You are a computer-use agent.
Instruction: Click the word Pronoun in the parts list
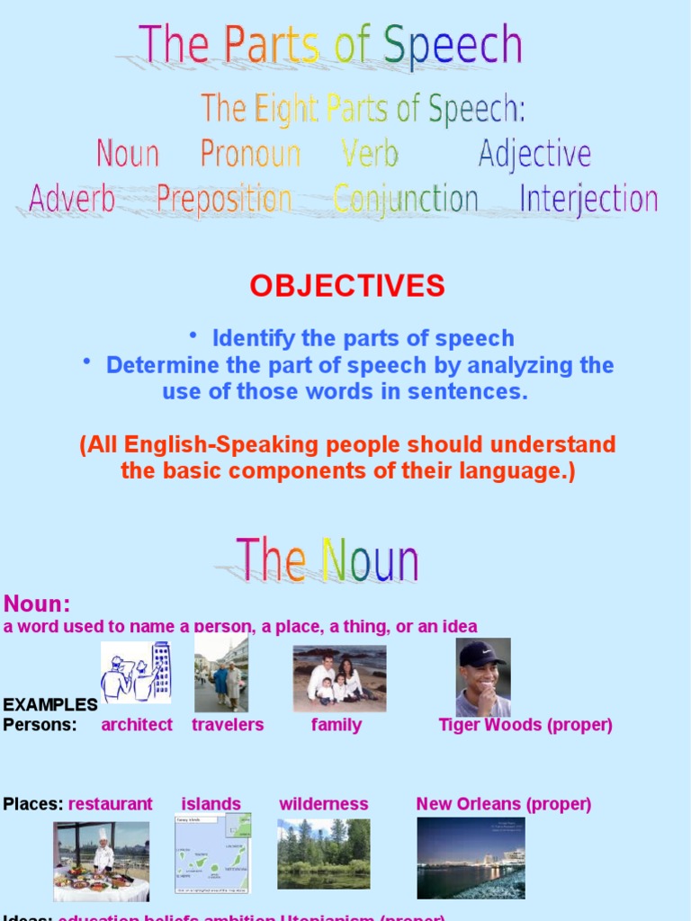[250, 155]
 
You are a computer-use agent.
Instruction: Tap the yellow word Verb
[369, 155]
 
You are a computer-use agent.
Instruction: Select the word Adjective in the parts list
[534, 155]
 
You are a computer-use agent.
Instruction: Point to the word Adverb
[72, 199]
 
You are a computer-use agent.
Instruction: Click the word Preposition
[224, 199]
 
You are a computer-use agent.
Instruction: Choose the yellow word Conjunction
[405, 199]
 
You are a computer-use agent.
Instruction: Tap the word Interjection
[588, 199]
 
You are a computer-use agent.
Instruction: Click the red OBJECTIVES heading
[347, 286]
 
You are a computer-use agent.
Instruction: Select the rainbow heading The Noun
[328, 560]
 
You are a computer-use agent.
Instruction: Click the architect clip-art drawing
[135, 672]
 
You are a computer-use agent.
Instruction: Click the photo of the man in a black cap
[483, 677]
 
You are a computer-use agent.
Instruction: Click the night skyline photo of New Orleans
[471, 857]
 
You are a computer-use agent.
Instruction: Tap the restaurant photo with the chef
[101, 861]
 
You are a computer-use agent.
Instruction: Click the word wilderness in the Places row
[323, 804]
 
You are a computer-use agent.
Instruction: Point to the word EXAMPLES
[50, 704]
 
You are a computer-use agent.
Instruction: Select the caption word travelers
[228, 725]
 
